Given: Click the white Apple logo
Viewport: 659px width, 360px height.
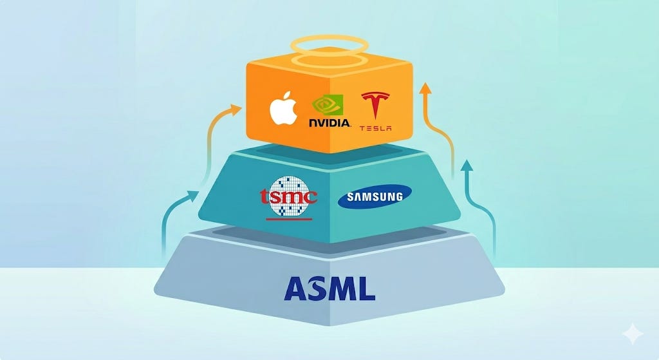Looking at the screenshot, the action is click(283, 111).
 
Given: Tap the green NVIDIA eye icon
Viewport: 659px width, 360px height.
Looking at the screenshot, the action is click(328, 105).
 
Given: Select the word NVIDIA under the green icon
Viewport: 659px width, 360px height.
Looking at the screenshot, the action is click(329, 122).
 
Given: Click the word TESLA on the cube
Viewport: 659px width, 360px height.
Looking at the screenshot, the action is click(375, 128).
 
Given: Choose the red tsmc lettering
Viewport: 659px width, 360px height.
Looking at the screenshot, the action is click(288, 196).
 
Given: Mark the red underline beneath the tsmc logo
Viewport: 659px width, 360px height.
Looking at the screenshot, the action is click(288, 219).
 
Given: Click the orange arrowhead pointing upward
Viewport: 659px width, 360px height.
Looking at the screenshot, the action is click(424, 88).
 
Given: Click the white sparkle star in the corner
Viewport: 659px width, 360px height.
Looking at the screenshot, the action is click(633, 334).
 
